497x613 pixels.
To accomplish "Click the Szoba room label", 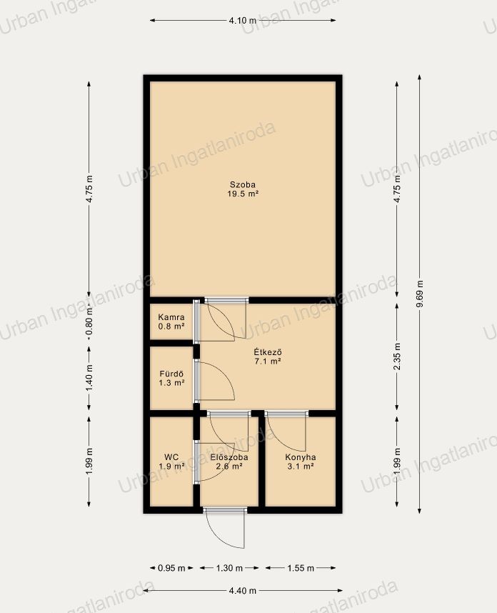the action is pyautogui.click(x=243, y=184).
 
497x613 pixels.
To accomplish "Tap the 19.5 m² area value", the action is pyautogui.click(x=243, y=194).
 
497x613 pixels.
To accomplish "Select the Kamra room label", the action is pyautogui.click(x=171, y=317).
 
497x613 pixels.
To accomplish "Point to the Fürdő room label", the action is pyautogui.click(x=171, y=374).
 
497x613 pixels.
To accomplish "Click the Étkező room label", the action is pyautogui.click(x=268, y=352).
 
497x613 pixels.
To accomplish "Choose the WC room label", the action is pyautogui.click(x=171, y=457).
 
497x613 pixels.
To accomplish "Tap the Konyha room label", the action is pyautogui.click(x=301, y=457).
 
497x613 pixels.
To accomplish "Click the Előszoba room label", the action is pyautogui.click(x=229, y=457).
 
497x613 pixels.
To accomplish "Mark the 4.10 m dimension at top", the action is pyautogui.click(x=243, y=20).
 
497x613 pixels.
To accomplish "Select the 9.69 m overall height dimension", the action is pyautogui.click(x=420, y=294).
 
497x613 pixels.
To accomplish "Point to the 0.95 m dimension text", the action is pyautogui.click(x=171, y=568).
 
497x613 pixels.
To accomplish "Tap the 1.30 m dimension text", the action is pyautogui.click(x=229, y=568).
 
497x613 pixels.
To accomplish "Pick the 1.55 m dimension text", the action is pyautogui.click(x=301, y=568).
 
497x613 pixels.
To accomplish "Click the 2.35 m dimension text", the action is pyautogui.click(x=397, y=357).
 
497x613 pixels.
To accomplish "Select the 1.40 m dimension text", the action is pyautogui.click(x=89, y=378).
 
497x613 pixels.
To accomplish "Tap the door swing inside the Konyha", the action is pyautogui.click(x=286, y=433).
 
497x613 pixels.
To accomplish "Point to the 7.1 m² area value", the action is pyautogui.click(x=268, y=362).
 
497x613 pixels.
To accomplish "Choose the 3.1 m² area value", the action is pyautogui.click(x=301, y=467).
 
